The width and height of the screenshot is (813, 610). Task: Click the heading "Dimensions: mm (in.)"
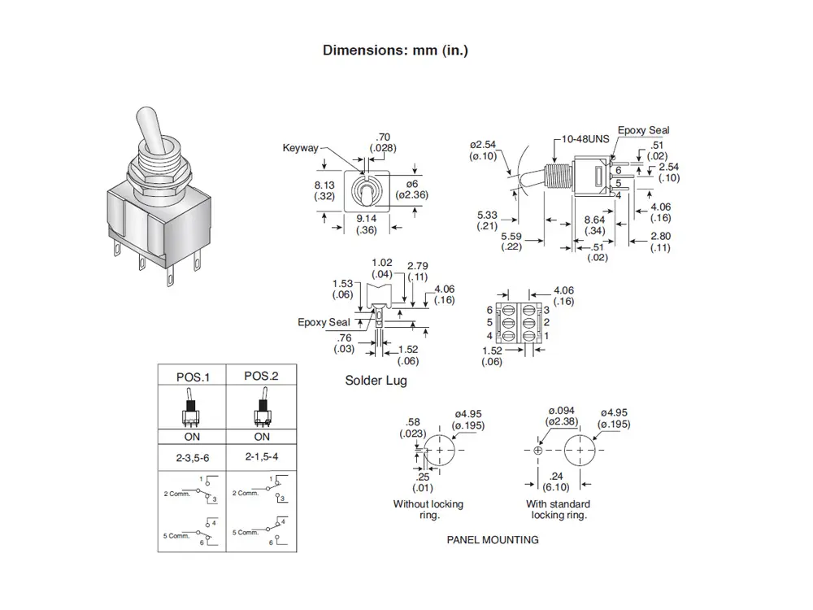coord(395,50)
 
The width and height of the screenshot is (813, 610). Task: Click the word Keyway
coord(300,148)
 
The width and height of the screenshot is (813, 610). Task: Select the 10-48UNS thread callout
coord(585,139)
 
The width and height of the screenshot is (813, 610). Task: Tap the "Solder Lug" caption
coord(376,381)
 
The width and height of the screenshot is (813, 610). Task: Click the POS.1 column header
coord(193,377)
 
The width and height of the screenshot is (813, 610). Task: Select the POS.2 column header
coord(261,377)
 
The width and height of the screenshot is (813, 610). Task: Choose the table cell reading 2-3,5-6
coord(193,458)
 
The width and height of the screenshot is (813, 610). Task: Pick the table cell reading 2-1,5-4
coord(261,458)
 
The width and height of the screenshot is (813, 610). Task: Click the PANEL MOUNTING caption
coord(493,539)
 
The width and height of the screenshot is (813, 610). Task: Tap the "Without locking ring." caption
coord(428,510)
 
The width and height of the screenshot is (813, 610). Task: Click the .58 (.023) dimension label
coord(412,428)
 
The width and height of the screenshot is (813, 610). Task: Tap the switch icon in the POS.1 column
coord(192,410)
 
